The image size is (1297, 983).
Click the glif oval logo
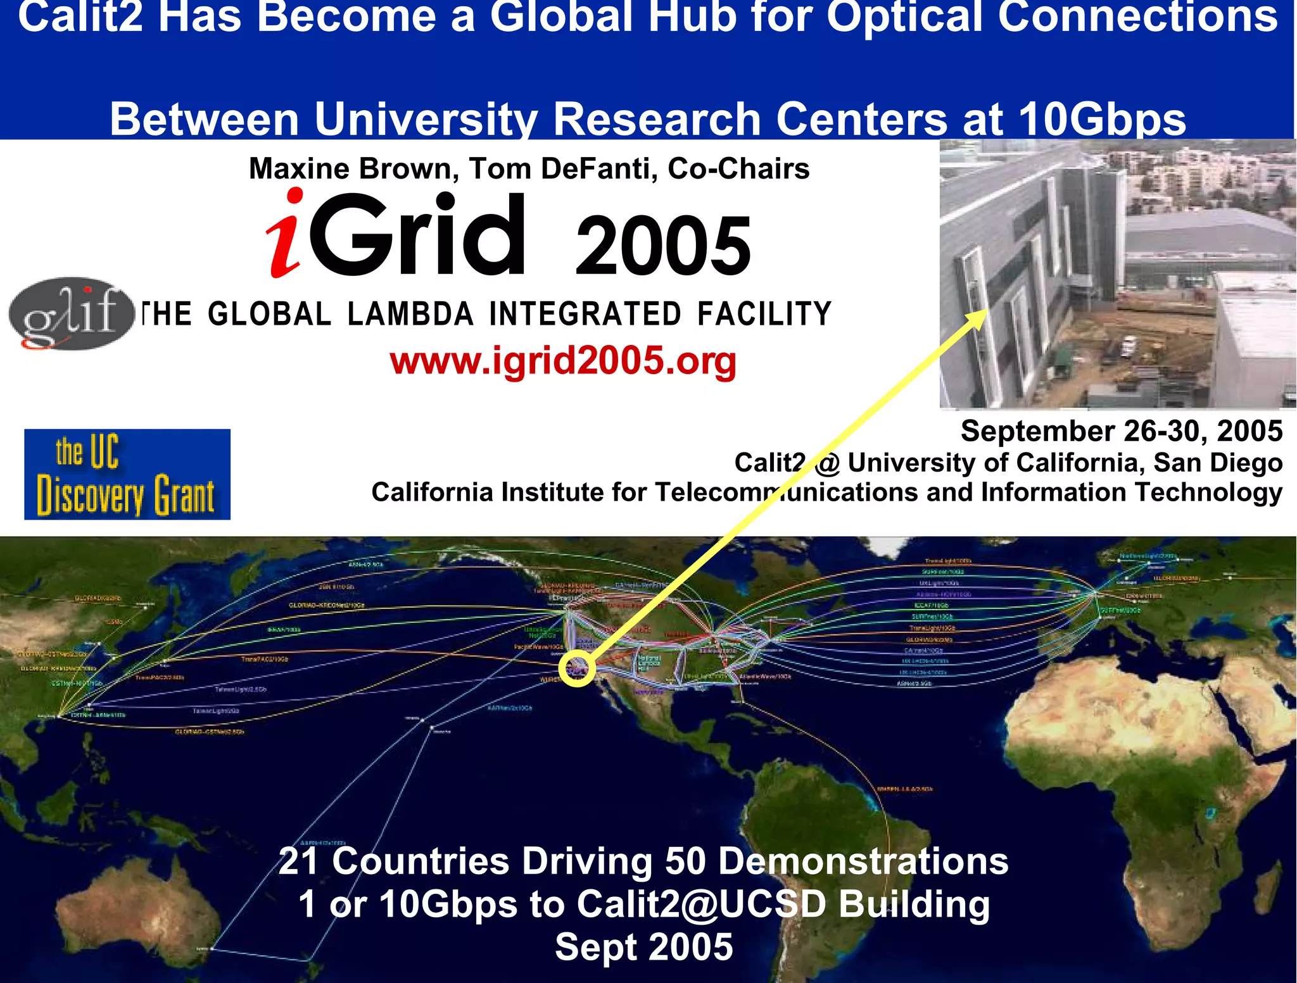tap(71, 313)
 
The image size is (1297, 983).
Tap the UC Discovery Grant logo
tap(127, 474)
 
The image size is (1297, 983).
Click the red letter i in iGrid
tap(285, 234)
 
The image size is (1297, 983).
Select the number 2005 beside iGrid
tap(662, 246)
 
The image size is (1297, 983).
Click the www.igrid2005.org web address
tap(563, 361)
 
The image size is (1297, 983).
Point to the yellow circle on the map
tap(577, 668)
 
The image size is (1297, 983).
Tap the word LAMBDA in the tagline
tap(410, 314)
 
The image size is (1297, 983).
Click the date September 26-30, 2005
tap(1121, 432)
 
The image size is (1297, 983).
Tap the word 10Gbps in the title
tap(1102, 119)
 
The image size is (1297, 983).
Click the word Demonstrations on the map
tap(863, 861)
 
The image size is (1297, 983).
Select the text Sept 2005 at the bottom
tap(643, 947)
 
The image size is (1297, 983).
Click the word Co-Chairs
tap(738, 169)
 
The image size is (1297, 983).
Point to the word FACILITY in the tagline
tap(764, 314)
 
